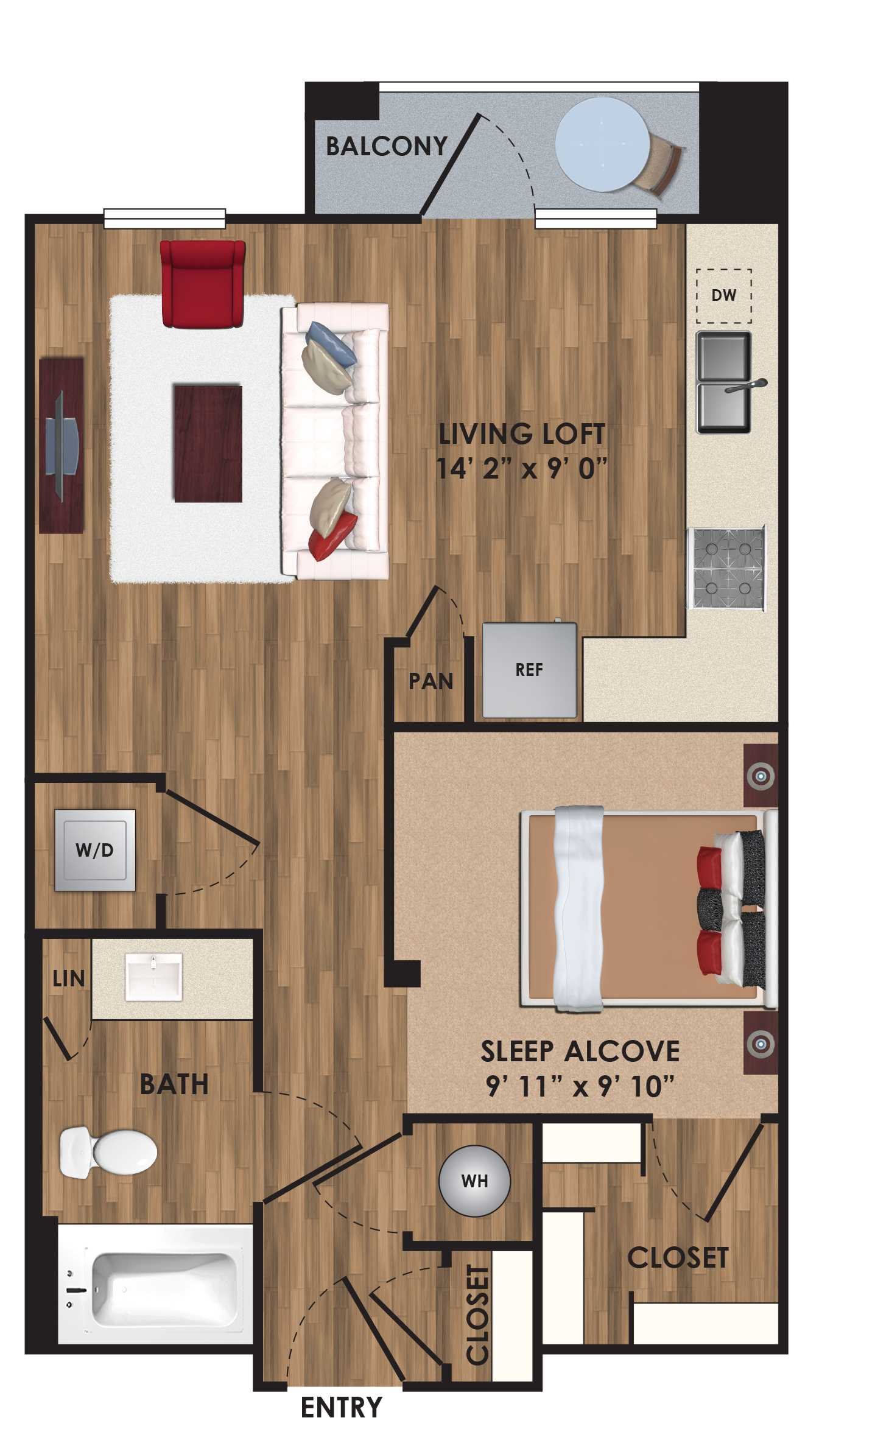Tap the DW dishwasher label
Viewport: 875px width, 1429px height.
click(723, 295)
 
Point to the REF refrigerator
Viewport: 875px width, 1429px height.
click(529, 670)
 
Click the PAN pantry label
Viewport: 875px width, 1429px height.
click(430, 681)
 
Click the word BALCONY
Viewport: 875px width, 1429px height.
click(386, 147)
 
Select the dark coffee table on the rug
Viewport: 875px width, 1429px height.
click(208, 443)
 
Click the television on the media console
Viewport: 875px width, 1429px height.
click(63, 444)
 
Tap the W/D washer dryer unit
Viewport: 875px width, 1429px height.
click(94, 850)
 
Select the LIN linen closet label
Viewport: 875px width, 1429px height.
click(68, 979)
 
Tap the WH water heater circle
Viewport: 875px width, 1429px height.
click(474, 1181)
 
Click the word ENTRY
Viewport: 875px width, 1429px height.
click(341, 1408)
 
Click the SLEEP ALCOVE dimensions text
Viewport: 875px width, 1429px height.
click(580, 1086)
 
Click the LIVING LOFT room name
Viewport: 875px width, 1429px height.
click(522, 435)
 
